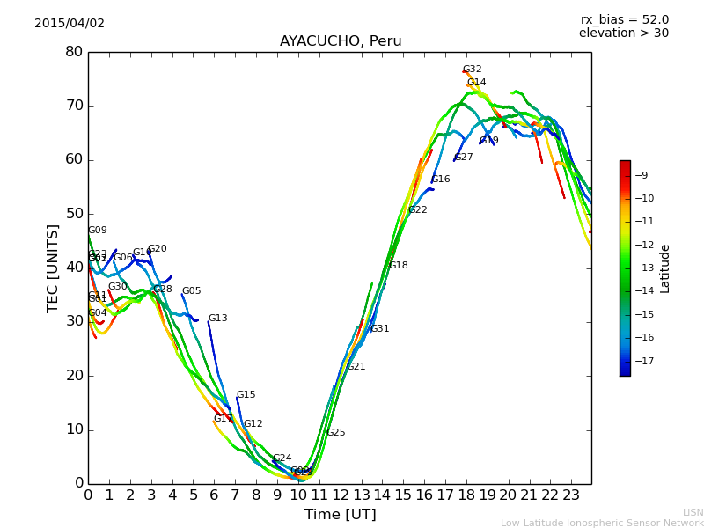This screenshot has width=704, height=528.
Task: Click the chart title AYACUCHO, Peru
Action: tap(341, 41)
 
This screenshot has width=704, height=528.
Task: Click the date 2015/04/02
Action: tap(70, 24)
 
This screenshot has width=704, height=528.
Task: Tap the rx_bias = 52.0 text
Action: tap(625, 20)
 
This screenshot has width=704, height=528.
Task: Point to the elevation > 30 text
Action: tap(624, 33)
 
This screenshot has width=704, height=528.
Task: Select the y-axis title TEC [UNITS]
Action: tap(54, 268)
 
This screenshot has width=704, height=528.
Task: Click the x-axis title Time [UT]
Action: tap(341, 515)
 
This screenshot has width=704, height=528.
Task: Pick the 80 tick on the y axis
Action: tap(74, 52)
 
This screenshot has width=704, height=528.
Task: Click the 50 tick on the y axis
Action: tap(74, 214)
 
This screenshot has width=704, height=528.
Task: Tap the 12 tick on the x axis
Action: tap(340, 495)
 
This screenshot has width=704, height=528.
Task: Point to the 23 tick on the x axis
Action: tap(571, 495)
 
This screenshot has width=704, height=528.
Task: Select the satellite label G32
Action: tap(473, 70)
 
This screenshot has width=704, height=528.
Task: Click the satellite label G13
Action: tap(217, 319)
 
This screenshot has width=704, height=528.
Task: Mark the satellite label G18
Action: tap(399, 266)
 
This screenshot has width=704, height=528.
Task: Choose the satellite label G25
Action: tap(336, 433)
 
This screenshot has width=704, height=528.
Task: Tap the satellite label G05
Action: tap(191, 291)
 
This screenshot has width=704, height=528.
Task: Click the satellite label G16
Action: tap(441, 180)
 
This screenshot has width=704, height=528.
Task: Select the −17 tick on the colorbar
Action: tap(642, 361)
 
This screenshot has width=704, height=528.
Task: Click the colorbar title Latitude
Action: tap(665, 268)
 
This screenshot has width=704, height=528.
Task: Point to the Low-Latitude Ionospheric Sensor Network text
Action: tap(602, 524)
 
